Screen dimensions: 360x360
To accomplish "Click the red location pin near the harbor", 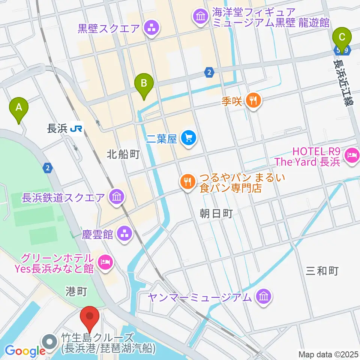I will (x=90, y=317).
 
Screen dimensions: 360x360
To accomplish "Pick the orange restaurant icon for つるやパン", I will (x=187, y=182).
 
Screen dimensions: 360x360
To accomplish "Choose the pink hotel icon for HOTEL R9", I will (x=352, y=154).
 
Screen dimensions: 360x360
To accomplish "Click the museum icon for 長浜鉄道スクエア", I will (x=117, y=196).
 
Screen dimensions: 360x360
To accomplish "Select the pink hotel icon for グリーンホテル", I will (x=104, y=263).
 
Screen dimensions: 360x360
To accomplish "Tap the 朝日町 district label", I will (x=216, y=214).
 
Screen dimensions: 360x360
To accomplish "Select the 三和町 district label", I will (x=322, y=271).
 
